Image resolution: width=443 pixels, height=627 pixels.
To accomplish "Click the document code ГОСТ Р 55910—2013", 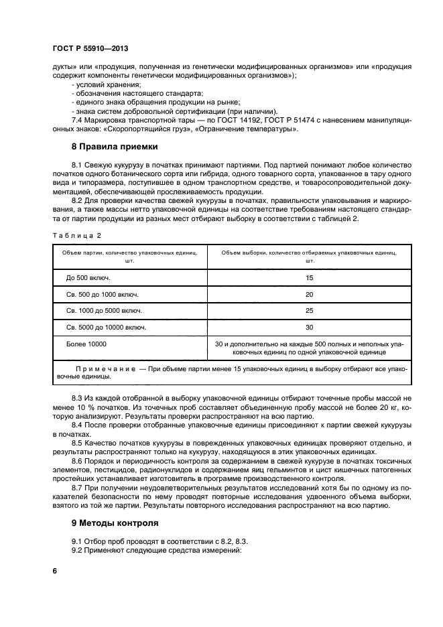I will (90, 49).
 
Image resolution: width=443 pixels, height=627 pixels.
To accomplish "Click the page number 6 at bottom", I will (55, 571).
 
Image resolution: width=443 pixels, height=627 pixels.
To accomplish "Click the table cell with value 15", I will (309, 277).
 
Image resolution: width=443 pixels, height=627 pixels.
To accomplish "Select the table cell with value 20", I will (309, 294).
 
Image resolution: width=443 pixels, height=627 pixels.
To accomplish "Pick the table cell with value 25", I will (309, 311).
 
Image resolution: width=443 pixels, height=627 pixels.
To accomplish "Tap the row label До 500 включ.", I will (88, 277).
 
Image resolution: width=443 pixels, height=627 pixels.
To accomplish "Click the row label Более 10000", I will (86, 344).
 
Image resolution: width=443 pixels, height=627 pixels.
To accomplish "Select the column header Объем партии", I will (129, 253).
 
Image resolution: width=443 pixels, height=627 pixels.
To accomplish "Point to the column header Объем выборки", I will (308, 253).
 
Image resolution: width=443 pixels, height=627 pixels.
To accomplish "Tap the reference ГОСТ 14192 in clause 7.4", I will (218, 119).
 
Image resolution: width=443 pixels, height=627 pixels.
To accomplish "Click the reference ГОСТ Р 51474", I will (272, 119).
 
